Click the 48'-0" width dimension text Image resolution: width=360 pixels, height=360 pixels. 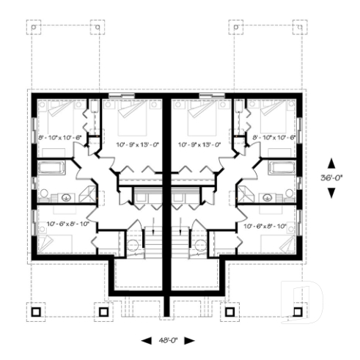(x=168, y=341)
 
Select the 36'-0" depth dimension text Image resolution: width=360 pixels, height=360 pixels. (x=331, y=178)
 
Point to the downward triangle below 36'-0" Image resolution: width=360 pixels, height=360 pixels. (x=331, y=192)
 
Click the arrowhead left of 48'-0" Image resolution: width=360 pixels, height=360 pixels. (x=145, y=341)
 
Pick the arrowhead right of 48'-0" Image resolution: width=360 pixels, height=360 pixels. (x=190, y=341)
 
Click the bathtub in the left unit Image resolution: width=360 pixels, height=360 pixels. (x=51, y=167)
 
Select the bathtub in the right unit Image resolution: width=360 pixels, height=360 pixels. (x=283, y=167)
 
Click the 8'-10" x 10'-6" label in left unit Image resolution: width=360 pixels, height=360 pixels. (x=59, y=137)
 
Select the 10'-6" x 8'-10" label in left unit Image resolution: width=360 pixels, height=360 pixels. (x=67, y=223)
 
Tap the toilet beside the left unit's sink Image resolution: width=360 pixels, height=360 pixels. (x=45, y=194)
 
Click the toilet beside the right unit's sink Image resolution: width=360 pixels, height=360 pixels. (x=290, y=194)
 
